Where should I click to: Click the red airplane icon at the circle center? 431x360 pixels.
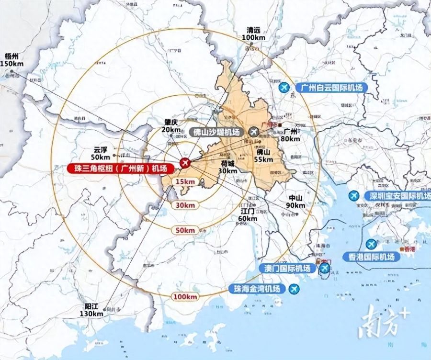pyautogui.click(x=185, y=164)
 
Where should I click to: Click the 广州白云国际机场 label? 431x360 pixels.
pyautogui.click(x=332, y=88)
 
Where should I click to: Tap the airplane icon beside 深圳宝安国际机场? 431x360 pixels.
pyautogui.click(x=354, y=196)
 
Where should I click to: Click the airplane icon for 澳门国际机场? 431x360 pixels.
pyautogui.click(x=325, y=268)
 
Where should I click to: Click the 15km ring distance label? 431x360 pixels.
pyautogui.click(x=185, y=181)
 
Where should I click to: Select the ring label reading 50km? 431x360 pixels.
pyautogui.click(x=185, y=230)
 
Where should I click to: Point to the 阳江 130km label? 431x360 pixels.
pyautogui.click(x=93, y=310)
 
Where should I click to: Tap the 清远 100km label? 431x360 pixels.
pyautogui.click(x=254, y=34)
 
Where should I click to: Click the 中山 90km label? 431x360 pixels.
pyautogui.click(x=295, y=202)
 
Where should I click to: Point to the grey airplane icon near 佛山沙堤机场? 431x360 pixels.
pyautogui.click(x=254, y=131)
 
